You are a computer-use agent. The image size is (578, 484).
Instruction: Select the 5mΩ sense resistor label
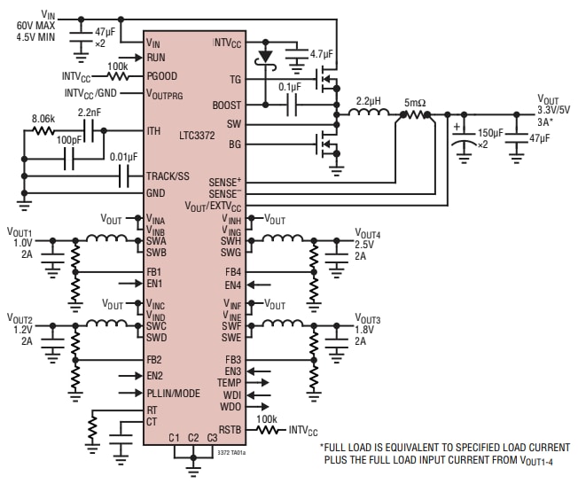415,102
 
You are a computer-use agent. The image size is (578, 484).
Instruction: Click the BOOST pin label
227,105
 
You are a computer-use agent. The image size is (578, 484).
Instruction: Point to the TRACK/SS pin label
168,176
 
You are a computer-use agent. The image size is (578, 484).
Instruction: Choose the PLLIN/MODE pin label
173,392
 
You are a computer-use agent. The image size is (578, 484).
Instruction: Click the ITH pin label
153,131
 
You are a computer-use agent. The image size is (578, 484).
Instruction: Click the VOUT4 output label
367,234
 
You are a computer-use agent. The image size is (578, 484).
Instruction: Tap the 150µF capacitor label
490,132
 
